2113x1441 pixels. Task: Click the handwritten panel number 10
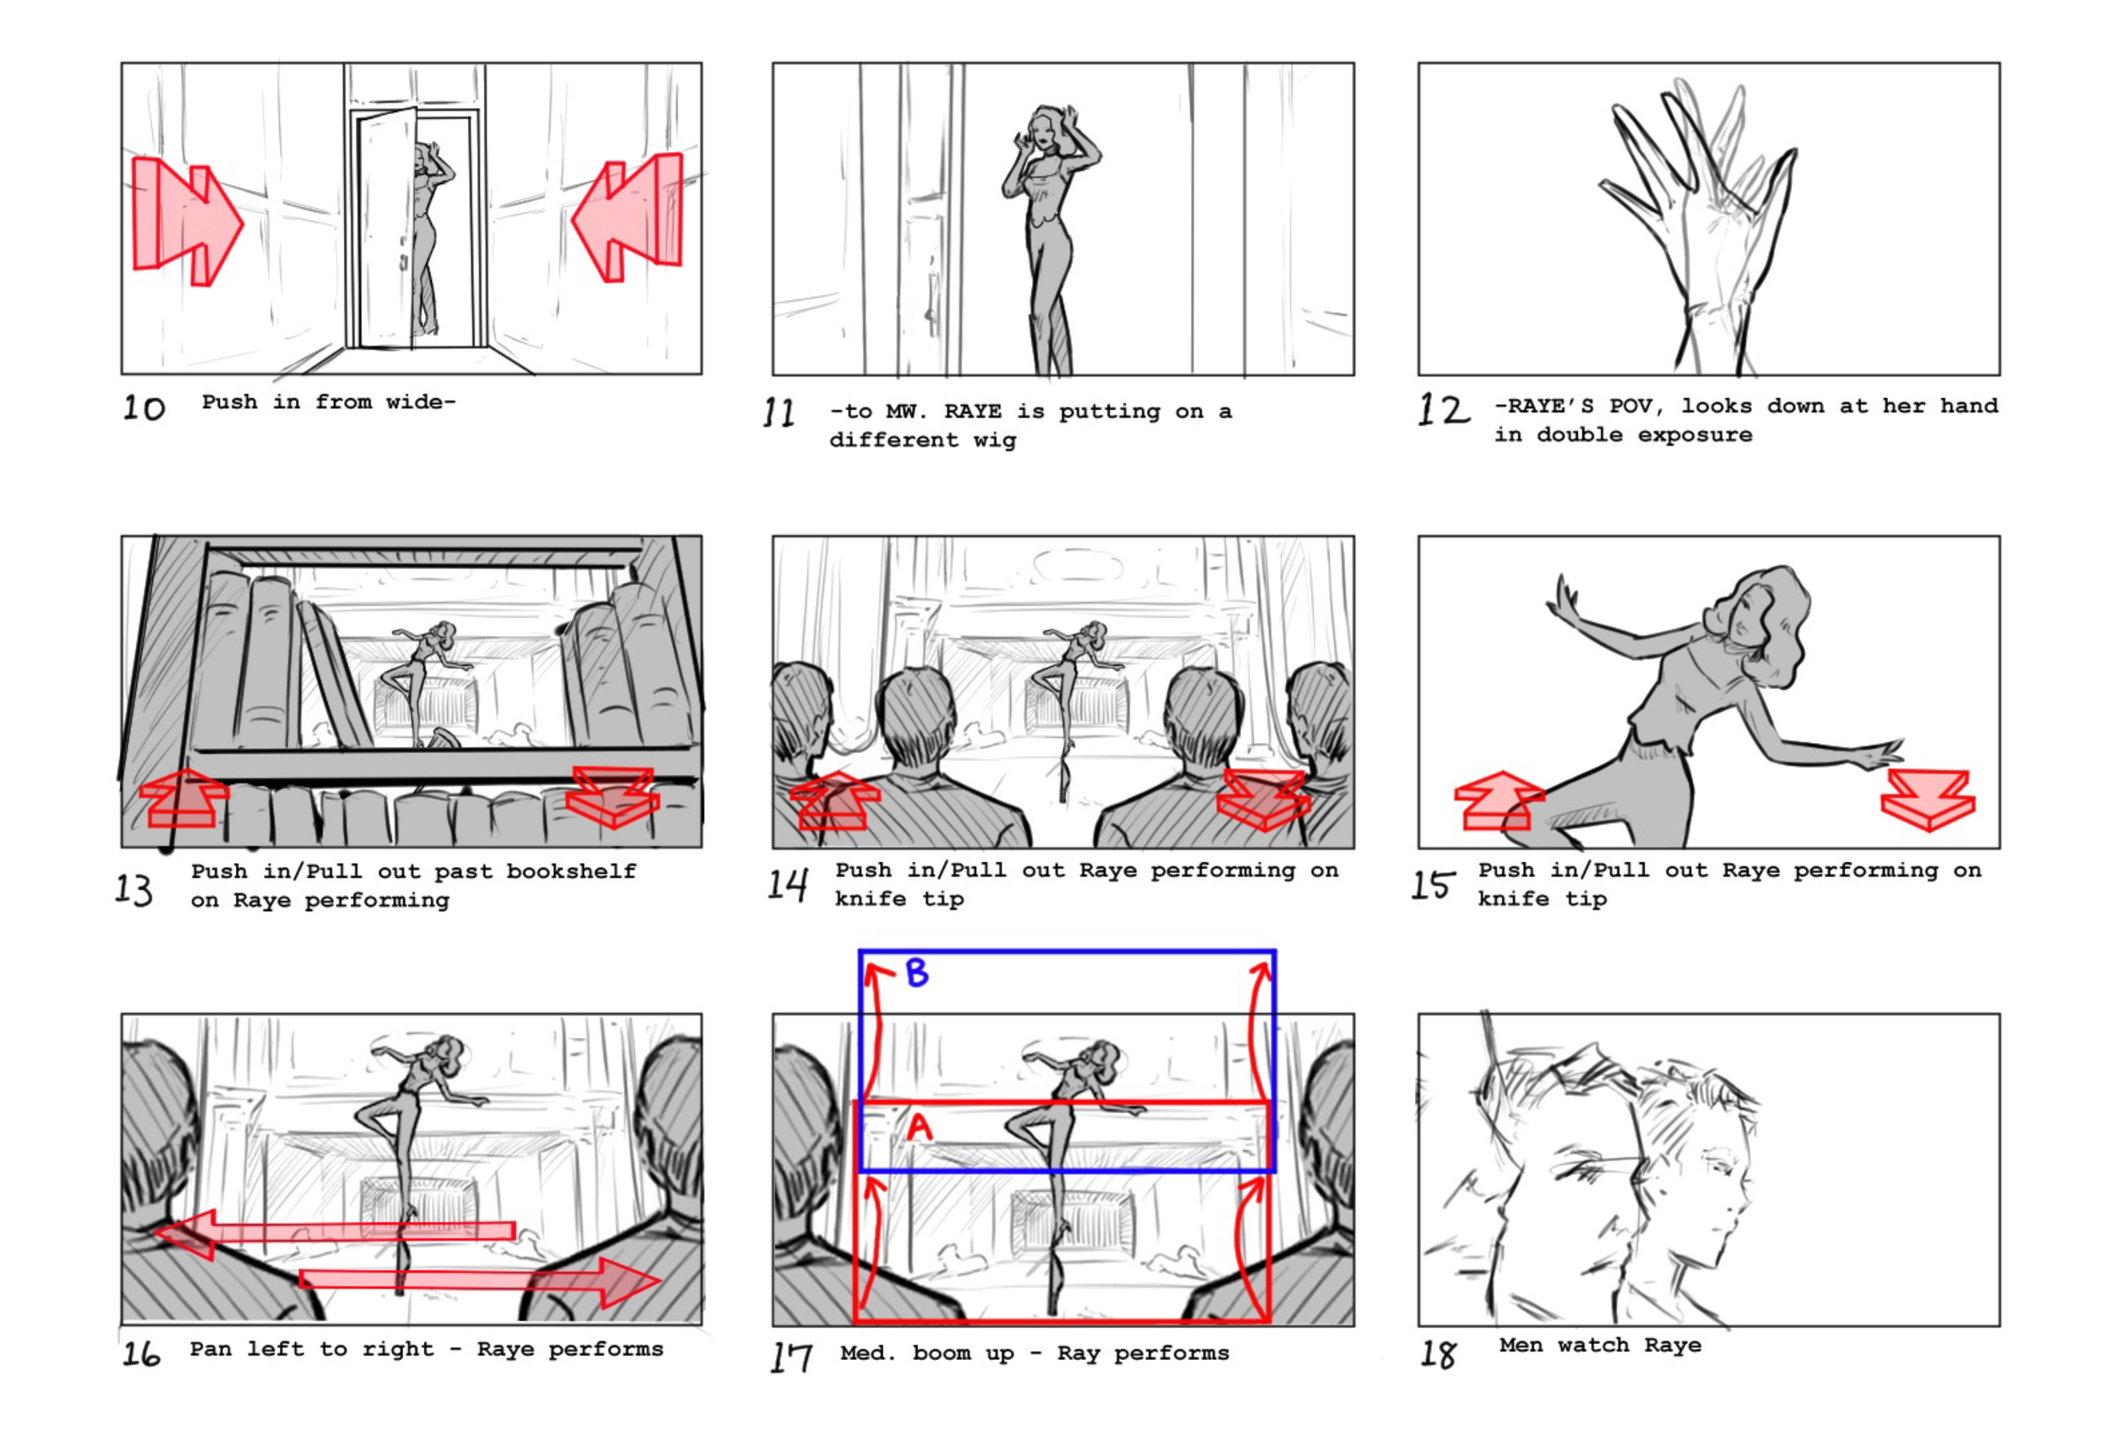tap(144, 407)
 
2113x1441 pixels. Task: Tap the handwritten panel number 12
tap(1443, 410)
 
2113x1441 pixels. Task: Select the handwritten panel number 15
tap(1431, 885)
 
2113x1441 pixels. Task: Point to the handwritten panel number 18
tap(1438, 1355)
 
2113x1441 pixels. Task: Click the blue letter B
tap(916, 974)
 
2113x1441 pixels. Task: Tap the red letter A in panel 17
tap(920, 1128)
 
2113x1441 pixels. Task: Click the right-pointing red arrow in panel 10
tap(188, 221)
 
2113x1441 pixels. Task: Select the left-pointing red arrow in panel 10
tap(627, 218)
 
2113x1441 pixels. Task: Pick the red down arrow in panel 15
tap(1928, 800)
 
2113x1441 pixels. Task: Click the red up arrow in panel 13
tap(183, 798)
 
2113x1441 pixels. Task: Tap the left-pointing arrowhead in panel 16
tap(187, 1234)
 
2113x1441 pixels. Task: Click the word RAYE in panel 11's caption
tap(972, 412)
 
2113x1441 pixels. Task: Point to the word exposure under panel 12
tap(1695, 435)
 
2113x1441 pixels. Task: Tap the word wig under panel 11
tap(995, 441)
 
